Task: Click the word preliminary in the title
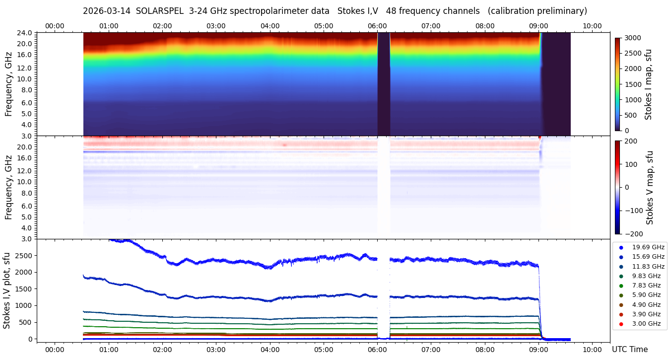click(x=559, y=11)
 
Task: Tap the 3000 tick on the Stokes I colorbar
click(x=633, y=38)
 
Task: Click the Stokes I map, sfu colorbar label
click(x=648, y=84)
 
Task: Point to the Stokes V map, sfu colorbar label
click(x=649, y=187)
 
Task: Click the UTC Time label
click(x=629, y=350)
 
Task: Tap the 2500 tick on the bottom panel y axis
click(x=25, y=255)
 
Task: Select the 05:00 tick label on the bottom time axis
click(x=324, y=350)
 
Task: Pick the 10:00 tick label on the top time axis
click(x=592, y=26)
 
